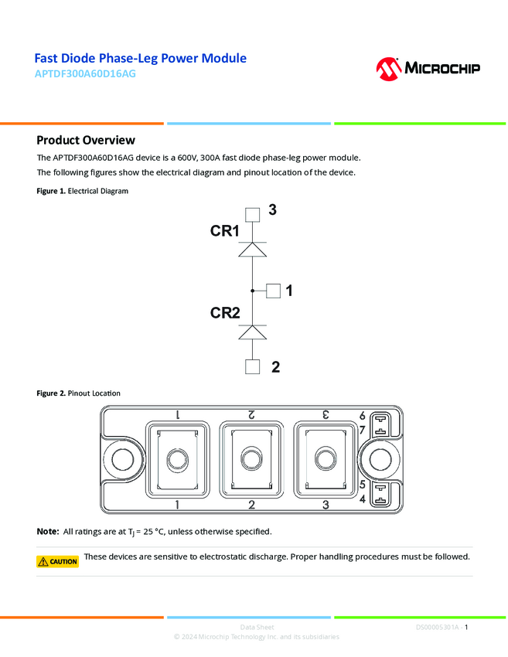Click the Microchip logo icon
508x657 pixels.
point(387,68)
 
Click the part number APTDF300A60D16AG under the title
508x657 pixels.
point(85,75)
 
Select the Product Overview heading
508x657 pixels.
point(86,140)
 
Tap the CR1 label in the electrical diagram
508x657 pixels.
point(224,231)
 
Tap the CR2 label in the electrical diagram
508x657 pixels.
point(225,313)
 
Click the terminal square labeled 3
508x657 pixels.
point(252,214)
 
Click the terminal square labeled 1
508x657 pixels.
point(273,291)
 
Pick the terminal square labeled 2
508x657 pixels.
point(252,367)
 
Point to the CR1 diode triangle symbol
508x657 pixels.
point(252,250)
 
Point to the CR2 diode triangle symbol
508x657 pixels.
point(252,332)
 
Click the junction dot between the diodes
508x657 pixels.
point(252,291)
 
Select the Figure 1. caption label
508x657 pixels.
point(51,191)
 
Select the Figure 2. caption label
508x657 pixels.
point(51,393)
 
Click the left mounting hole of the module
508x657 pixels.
point(121,460)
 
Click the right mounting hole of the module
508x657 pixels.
point(379,460)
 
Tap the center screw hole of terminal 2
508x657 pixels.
point(251,460)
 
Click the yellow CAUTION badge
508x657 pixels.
point(58,562)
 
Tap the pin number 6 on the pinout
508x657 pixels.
point(362,416)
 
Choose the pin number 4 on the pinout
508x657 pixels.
point(362,499)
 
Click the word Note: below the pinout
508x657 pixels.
point(47,532)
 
